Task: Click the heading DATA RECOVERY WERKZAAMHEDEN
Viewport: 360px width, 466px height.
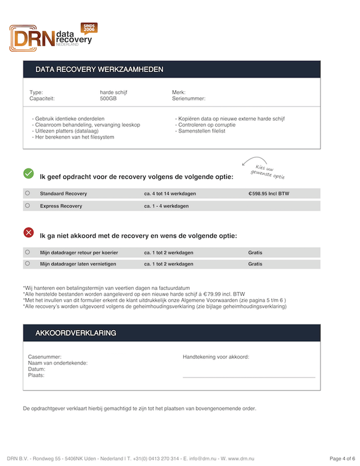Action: coord(99,70)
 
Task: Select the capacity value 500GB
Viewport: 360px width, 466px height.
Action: coord(108,99)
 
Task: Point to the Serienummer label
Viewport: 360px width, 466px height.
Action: coord(189,99)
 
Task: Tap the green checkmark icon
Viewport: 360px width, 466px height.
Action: coord(28,173)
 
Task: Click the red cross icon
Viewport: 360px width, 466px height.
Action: coord(28,233)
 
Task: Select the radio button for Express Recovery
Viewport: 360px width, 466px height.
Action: coord(28,206)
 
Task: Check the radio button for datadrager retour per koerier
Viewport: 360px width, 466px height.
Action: coord(28,252)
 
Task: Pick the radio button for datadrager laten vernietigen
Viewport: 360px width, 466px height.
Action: coord(28,264)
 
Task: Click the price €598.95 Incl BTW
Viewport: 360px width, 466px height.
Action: coord(269,193)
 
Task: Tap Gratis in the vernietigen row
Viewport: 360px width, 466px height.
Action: coord(255,264)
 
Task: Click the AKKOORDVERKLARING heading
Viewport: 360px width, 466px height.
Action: coord(75,333)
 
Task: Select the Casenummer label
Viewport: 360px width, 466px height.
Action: coord(45,357)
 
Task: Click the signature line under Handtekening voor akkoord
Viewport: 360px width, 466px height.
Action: coord(249,376)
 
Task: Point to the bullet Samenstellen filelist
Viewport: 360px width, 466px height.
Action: coord(200,131)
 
